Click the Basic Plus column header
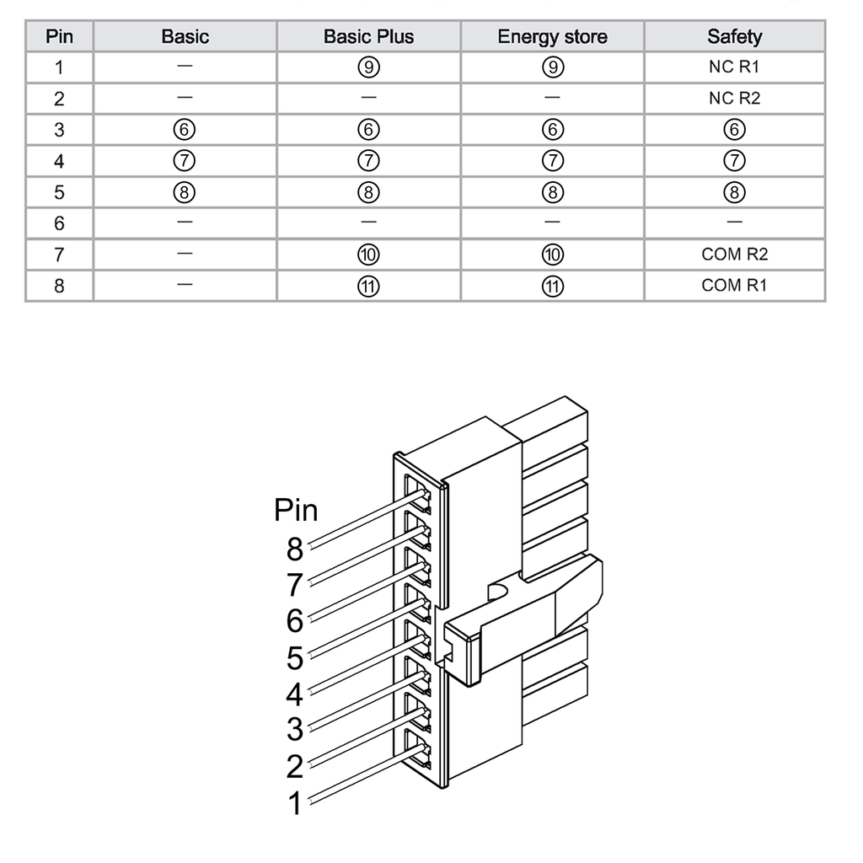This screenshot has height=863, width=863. coord(368,37)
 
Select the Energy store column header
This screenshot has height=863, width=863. coord(552,37)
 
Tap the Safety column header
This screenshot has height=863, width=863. coord(734,37)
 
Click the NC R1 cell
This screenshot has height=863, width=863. coord(734,67)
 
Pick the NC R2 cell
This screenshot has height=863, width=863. coord(734,99)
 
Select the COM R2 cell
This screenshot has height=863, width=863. coord(734,255)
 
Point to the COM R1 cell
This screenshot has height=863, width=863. coord(734,286)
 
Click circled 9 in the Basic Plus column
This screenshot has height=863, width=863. coord(368,67)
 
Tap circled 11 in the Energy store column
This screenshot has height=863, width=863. coord(552,286)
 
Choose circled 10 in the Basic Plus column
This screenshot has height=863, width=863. coord(368,255)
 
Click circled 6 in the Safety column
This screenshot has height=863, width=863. coord(734,130)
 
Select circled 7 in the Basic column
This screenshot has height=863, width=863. coord(185,161)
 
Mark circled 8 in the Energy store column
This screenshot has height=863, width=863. coord(552,192)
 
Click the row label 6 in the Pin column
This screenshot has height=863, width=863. coord(59,223)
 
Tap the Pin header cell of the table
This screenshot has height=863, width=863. coord(59,37)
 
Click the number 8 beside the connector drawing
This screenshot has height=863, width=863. coord(294,549)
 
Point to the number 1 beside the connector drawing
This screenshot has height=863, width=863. coord(294,803)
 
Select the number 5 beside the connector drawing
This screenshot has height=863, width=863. coord(294,657)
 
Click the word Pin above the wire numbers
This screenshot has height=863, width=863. coord(296,511)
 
